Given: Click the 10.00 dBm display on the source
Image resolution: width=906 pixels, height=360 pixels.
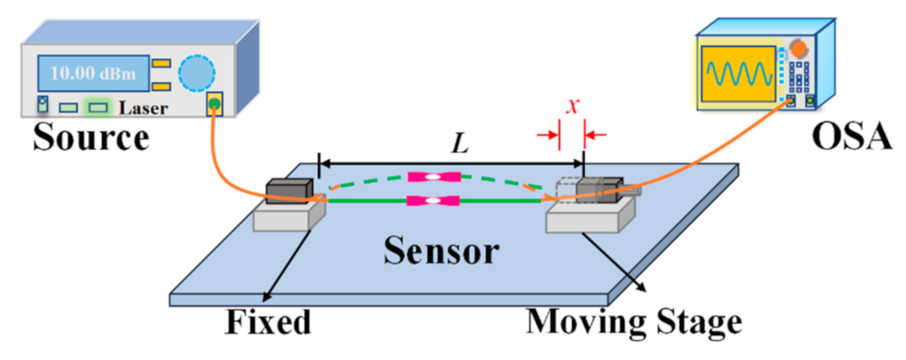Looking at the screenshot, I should [x=92, y=74].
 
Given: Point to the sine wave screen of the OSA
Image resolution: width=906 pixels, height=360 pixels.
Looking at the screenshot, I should [x=740, y=76].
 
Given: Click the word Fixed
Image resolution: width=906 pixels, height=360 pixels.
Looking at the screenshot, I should [x=268, y=322].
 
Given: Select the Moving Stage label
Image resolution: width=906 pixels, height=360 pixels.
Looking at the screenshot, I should [x=632, y=322].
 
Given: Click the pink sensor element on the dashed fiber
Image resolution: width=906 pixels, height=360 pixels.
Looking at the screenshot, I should [x=433, y=178].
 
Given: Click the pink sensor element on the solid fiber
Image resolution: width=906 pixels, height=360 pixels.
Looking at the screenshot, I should [x=433, y=201].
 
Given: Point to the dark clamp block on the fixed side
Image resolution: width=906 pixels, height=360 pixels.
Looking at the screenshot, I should [x=289, y=192].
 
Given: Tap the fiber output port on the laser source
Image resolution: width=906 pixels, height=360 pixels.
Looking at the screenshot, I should [x=214, y=103].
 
